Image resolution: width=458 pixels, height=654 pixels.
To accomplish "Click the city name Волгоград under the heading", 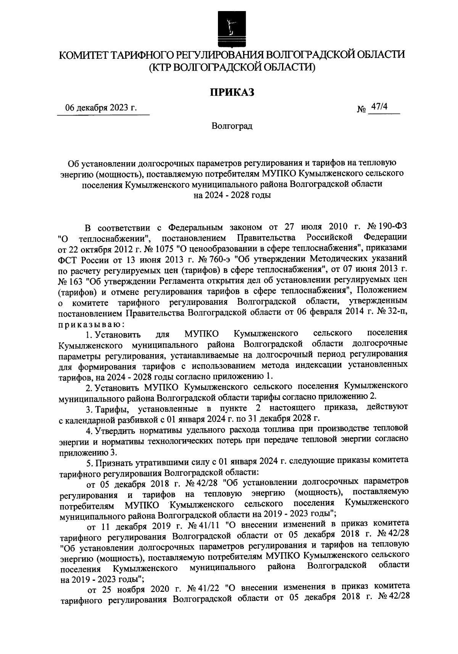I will coord(232,126).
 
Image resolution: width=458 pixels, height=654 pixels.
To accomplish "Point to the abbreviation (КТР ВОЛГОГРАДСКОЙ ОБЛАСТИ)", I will coord(232,68).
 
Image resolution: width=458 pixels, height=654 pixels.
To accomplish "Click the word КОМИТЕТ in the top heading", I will coord(83,55).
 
